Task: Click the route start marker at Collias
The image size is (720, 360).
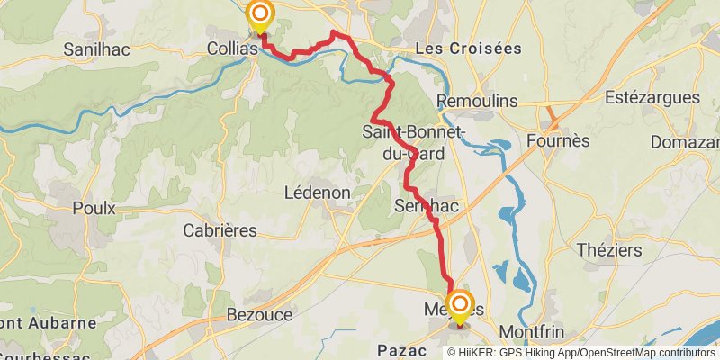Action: click(260, 14)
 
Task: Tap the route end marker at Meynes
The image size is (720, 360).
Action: click(459, 304)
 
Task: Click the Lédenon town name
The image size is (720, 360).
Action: click(310, 193)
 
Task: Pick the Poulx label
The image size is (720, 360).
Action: click(94, 208)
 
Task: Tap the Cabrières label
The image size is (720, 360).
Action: click(220, 230)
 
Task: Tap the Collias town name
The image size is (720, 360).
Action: click(232, 49)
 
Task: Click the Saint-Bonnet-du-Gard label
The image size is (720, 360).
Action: click(413, 143)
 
